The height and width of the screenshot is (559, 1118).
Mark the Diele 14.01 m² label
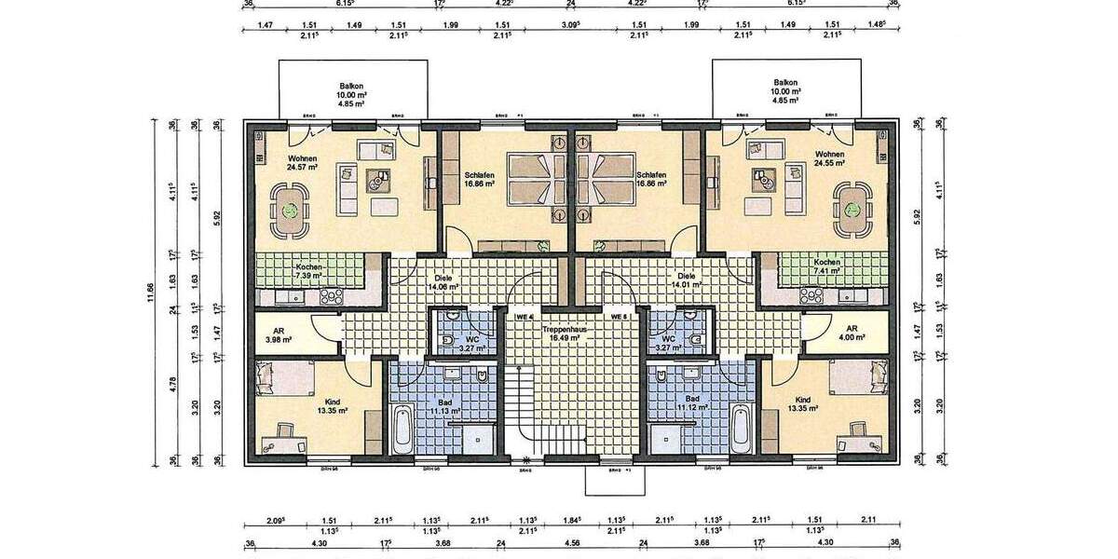pos(688,281)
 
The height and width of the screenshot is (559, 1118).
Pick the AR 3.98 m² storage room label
pos(279,334)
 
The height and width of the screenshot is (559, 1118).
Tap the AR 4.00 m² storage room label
pos(852,334)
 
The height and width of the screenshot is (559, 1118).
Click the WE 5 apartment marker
pos(617,317)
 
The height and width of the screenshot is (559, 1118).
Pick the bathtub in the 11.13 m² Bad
pos(402,429)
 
